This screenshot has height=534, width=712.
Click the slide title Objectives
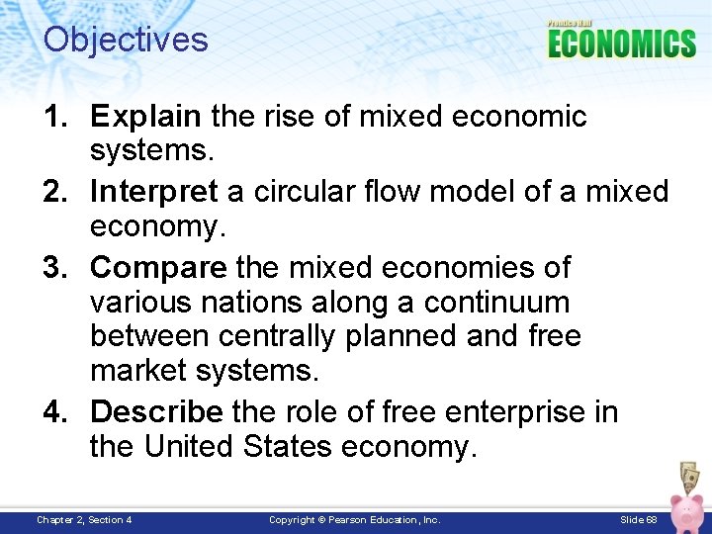(x=126, y=40)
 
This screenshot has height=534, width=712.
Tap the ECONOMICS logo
(x=621, y=43)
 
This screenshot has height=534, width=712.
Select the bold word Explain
(x=145, y=117)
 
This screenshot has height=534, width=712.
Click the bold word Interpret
(x=153, y=191)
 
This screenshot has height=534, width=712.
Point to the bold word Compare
(x=156, y=267)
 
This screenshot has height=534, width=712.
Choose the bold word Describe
(x=156, y=410)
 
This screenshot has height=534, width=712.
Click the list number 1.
(x=55, y=117)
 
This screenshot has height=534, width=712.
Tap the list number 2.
(x=55, y=191)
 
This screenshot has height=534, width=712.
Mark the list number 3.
(x=55, y=267)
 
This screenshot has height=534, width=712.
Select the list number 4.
(x=55, y=410)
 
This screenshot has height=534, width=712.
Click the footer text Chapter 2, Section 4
(x=84, y=519)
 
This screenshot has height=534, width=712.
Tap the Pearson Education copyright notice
(x=355, y=519)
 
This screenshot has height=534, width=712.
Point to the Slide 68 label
(x=638, y=519)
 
